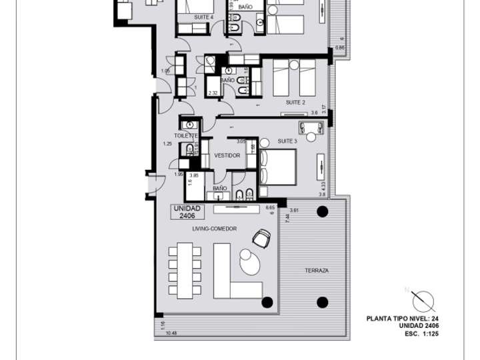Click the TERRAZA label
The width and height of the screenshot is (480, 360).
pos(317,271)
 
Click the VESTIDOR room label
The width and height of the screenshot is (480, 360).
pos(227,155)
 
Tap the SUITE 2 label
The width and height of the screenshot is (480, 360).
pos(295,103)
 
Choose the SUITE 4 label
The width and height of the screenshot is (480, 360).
pos(203,17)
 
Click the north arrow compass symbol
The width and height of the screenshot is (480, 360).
pos(423,301)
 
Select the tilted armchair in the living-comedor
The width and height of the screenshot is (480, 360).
pos(262,237)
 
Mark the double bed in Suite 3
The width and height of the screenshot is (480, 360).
pos(278,167)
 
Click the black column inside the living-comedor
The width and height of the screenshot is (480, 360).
pos(267,302)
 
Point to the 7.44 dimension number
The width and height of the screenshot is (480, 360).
pos(287,218)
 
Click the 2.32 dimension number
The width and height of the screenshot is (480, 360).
pos(213,93)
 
